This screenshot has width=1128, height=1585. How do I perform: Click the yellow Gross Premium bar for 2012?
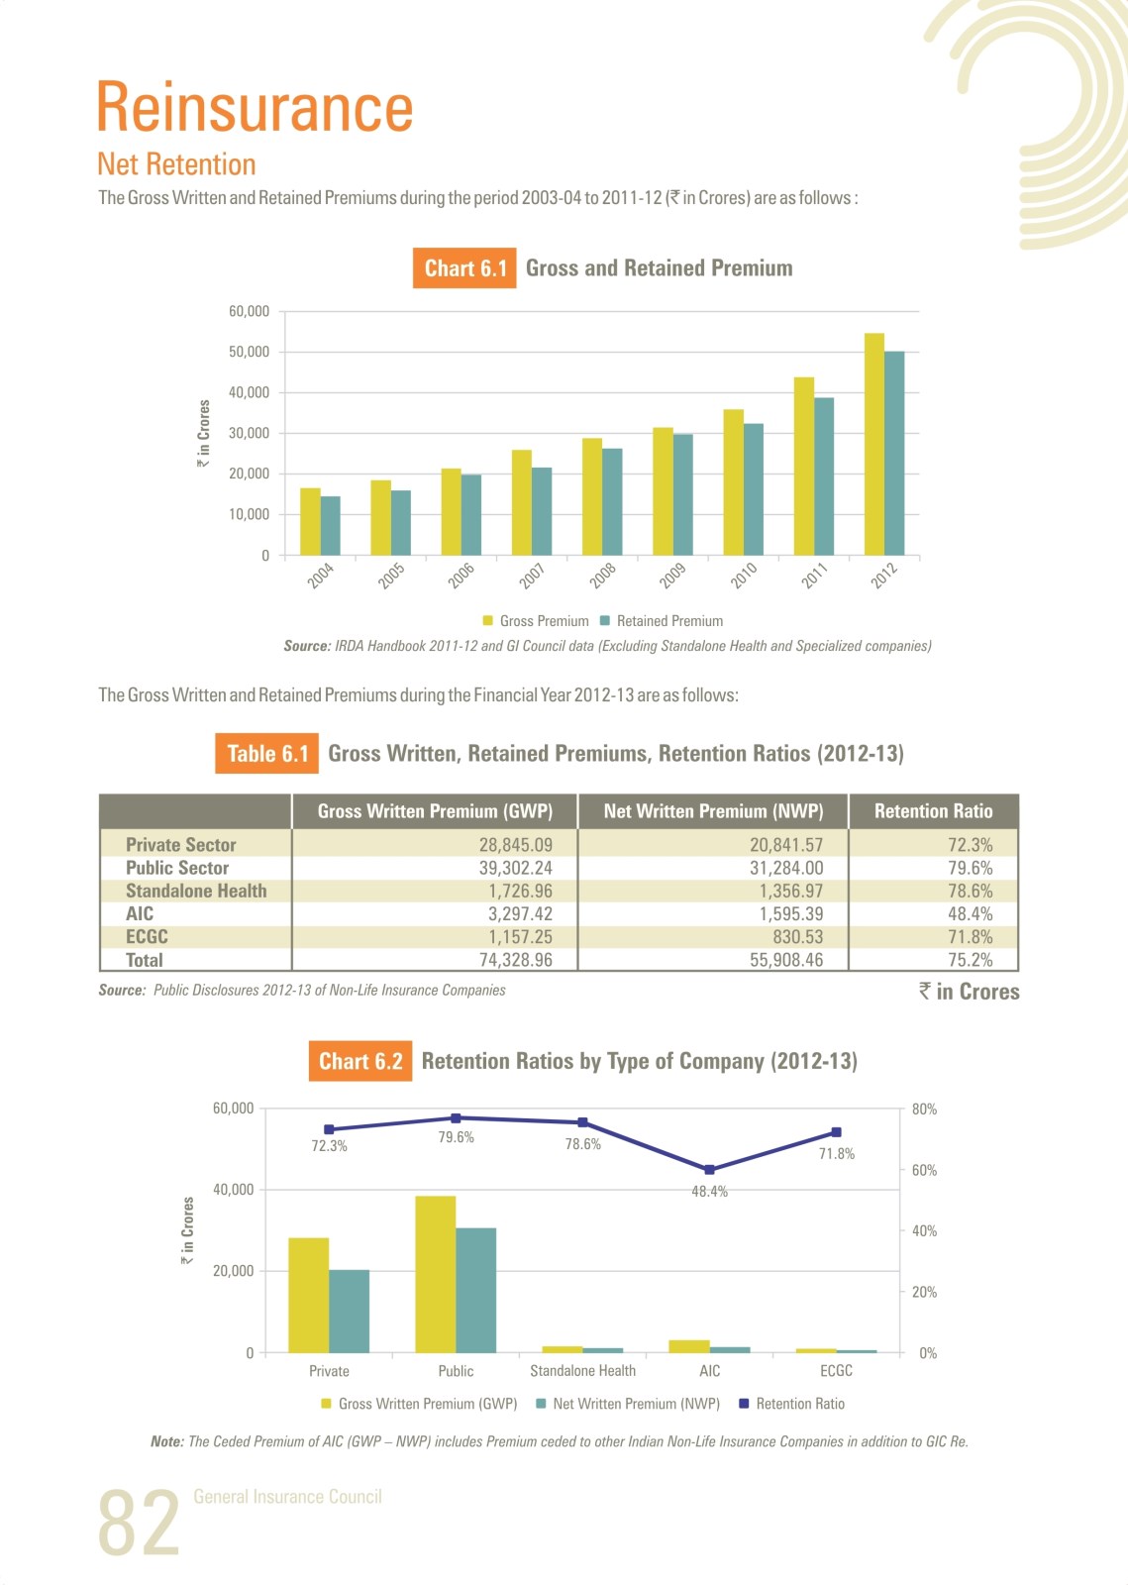(874, 444)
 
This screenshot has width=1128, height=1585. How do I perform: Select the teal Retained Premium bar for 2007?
(542, 511)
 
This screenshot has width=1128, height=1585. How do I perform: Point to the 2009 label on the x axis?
(672, 576)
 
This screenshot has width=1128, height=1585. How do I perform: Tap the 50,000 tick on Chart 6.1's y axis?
(249, 352)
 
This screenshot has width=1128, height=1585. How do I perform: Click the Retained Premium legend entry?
(662, 620)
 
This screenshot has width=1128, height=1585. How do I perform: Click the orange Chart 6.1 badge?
(464, 268)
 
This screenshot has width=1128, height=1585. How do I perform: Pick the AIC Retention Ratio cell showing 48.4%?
(971, 913)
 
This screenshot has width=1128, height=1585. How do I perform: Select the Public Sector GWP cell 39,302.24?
(516, 868)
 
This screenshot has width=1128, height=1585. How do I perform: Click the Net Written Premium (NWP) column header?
(714, 811)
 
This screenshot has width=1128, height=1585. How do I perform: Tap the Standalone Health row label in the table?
(197, 891)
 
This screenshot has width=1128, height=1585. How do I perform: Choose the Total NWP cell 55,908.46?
(786, 960)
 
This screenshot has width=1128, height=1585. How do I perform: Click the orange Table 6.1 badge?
(266, 754)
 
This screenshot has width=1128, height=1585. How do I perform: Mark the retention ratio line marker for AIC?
(709, 1170)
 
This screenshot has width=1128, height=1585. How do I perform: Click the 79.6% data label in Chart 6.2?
(457, 1137)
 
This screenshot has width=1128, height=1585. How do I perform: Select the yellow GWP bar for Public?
(436, 1274)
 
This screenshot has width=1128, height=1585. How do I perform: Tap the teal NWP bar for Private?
(350, 1312)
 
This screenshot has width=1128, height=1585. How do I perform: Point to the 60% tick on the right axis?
(924, 1170)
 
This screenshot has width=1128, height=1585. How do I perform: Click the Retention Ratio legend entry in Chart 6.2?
(792, 1403)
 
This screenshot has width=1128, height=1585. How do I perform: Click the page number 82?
(139, 1522)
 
